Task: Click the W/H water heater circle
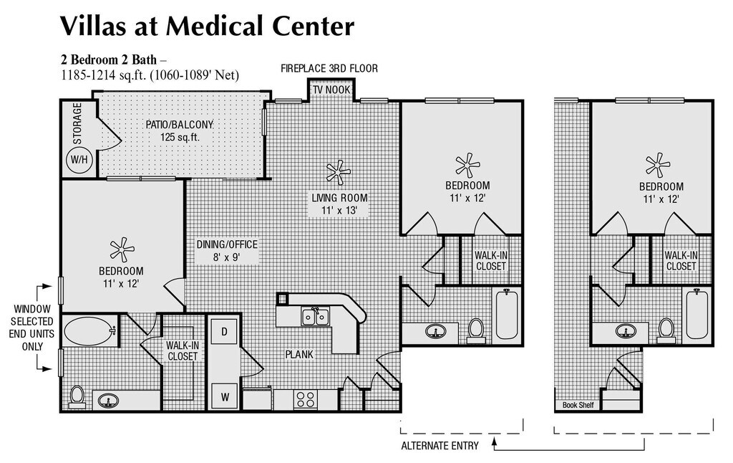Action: (x=79, y=160)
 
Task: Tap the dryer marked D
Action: (x=224, y=332)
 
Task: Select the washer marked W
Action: (x=225, y=397)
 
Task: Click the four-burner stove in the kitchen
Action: (x=305, y=400)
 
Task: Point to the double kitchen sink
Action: (x=315, y=317)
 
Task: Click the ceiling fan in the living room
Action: (x=338, y=172)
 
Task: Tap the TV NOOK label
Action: (x=331, y=90)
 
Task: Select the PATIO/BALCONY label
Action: (x=180, y=125)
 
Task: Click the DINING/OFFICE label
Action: (x=227, y=244)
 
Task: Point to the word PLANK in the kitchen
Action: (x=299, y=354)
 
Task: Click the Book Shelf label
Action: (x=578, y=405)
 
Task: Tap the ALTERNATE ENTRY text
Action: (x=440, y=446)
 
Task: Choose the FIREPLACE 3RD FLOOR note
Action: (x=329, y=68)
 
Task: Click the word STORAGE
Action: (x=77, y=123)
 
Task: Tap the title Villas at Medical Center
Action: (x=207, y=26)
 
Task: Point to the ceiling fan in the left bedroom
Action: (x=122, y=249)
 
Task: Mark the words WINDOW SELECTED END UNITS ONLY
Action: (x=31, y=328)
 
